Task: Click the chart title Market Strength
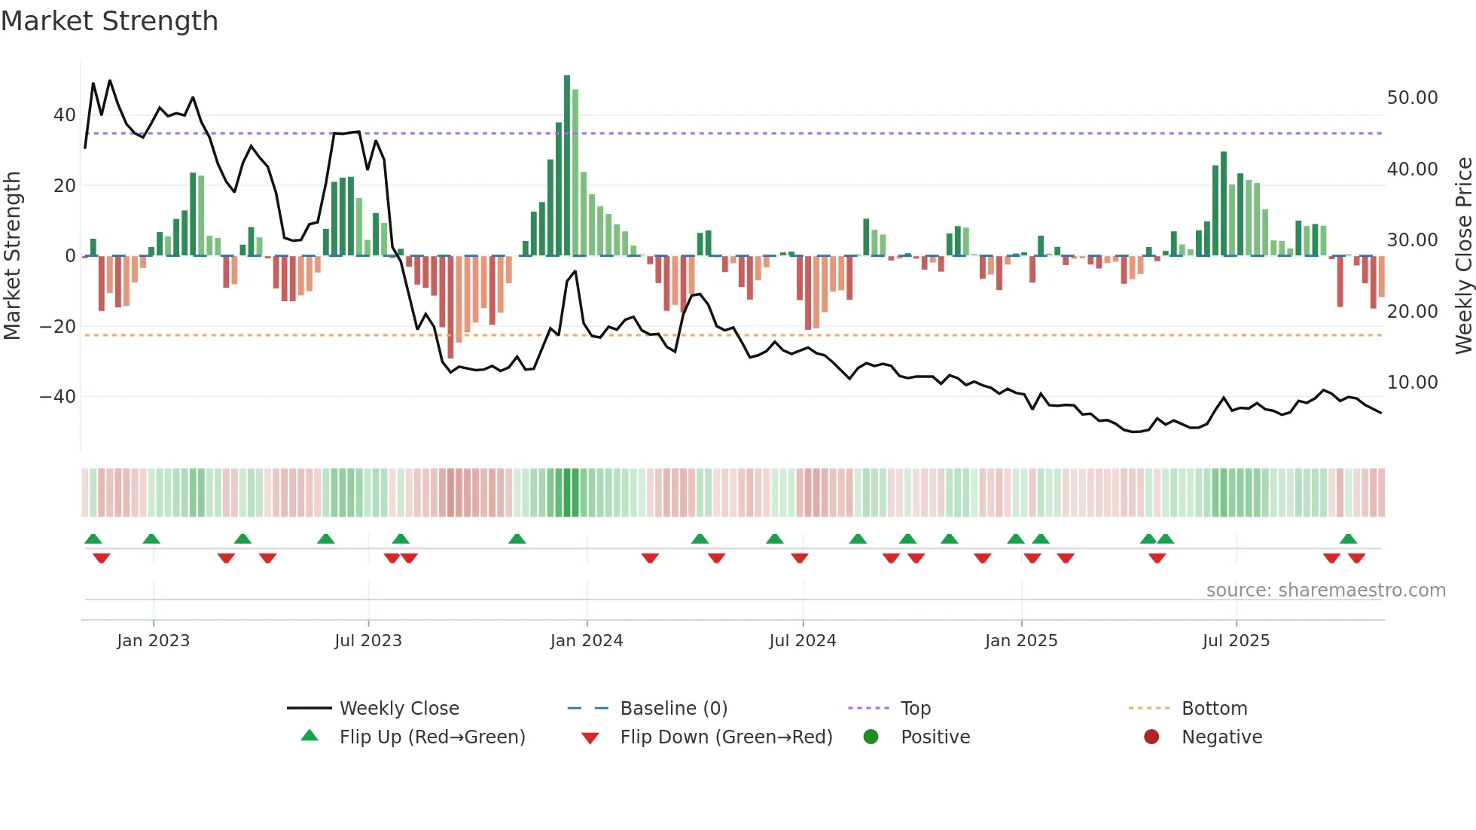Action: (x=110, y=21)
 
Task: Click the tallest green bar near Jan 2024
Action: (x=567, y=166)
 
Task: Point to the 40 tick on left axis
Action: (x=65, y=115)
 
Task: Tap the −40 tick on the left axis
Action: (x=58, y=397)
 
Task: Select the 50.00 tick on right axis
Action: (x=1412, y=98)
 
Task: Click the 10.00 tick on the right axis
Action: (x=1412, y=383)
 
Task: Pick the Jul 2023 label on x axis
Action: (x=368, y=641)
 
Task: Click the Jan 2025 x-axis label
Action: (x=1021, y=641)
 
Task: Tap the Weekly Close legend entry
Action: (x=399, y=709)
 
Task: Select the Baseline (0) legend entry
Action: (x=673, y=709)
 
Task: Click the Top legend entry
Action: (x=916, y=709)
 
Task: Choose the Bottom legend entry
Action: (x=1214, y=709)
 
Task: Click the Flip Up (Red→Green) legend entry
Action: (x=432, y=737)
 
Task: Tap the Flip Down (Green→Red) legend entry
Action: (x=726, y=737)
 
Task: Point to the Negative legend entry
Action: (x=1221, y=737)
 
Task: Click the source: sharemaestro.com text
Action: (x=1325, y=590)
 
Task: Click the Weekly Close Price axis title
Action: (x=1464, y=256)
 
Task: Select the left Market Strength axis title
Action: (x=12, y=256)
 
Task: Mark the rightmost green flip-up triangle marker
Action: (x=1348, y=539)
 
